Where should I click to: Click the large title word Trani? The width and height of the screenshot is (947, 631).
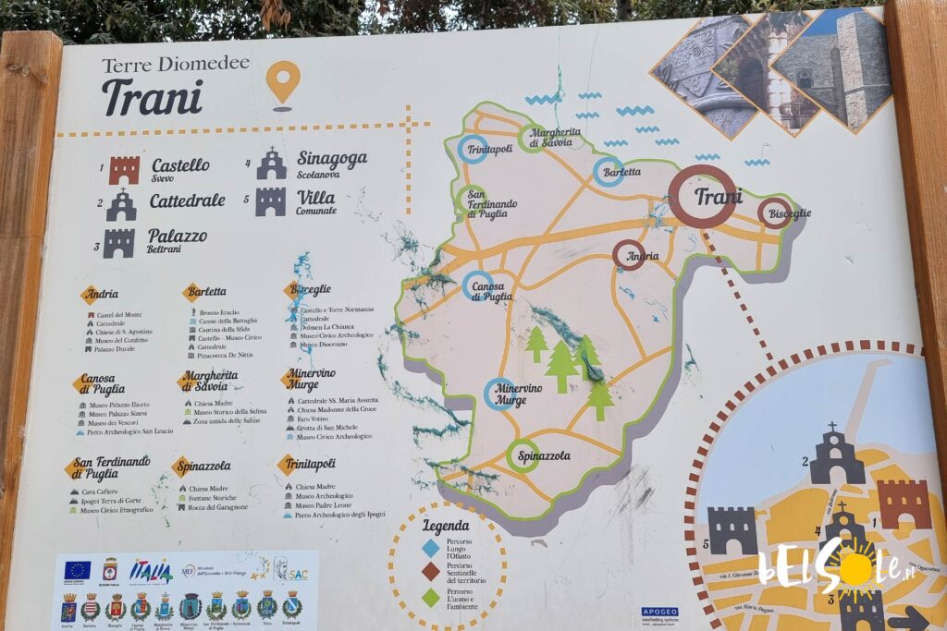[153, 97]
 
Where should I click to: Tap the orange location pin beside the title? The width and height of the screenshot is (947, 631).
[283, 82]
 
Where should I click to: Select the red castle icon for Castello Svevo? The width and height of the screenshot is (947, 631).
[124, 170]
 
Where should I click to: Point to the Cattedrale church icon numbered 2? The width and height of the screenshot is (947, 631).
[121, 205]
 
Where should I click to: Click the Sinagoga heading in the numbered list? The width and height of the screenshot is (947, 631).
[331, 159]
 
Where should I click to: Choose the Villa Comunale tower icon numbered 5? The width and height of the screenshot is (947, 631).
[271, 201]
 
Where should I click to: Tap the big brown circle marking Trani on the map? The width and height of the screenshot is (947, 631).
[703, 197]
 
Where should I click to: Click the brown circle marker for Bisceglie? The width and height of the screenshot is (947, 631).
[774, 213]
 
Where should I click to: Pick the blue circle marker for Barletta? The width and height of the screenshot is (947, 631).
[609, 171]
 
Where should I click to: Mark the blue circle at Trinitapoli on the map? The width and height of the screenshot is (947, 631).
[473, 149]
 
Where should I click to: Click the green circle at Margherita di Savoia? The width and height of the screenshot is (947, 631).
[532, 139]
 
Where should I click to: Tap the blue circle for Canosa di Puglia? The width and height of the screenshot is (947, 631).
[477, 285]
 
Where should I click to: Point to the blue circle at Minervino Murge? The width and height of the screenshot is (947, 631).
[499, 394]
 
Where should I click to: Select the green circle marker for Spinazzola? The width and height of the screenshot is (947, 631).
[523, 455]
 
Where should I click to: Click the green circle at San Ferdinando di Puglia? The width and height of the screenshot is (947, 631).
[471, 200]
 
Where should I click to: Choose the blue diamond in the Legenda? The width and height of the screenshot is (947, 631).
[430, 548]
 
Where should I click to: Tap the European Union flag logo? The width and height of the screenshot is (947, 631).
[77, 570]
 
